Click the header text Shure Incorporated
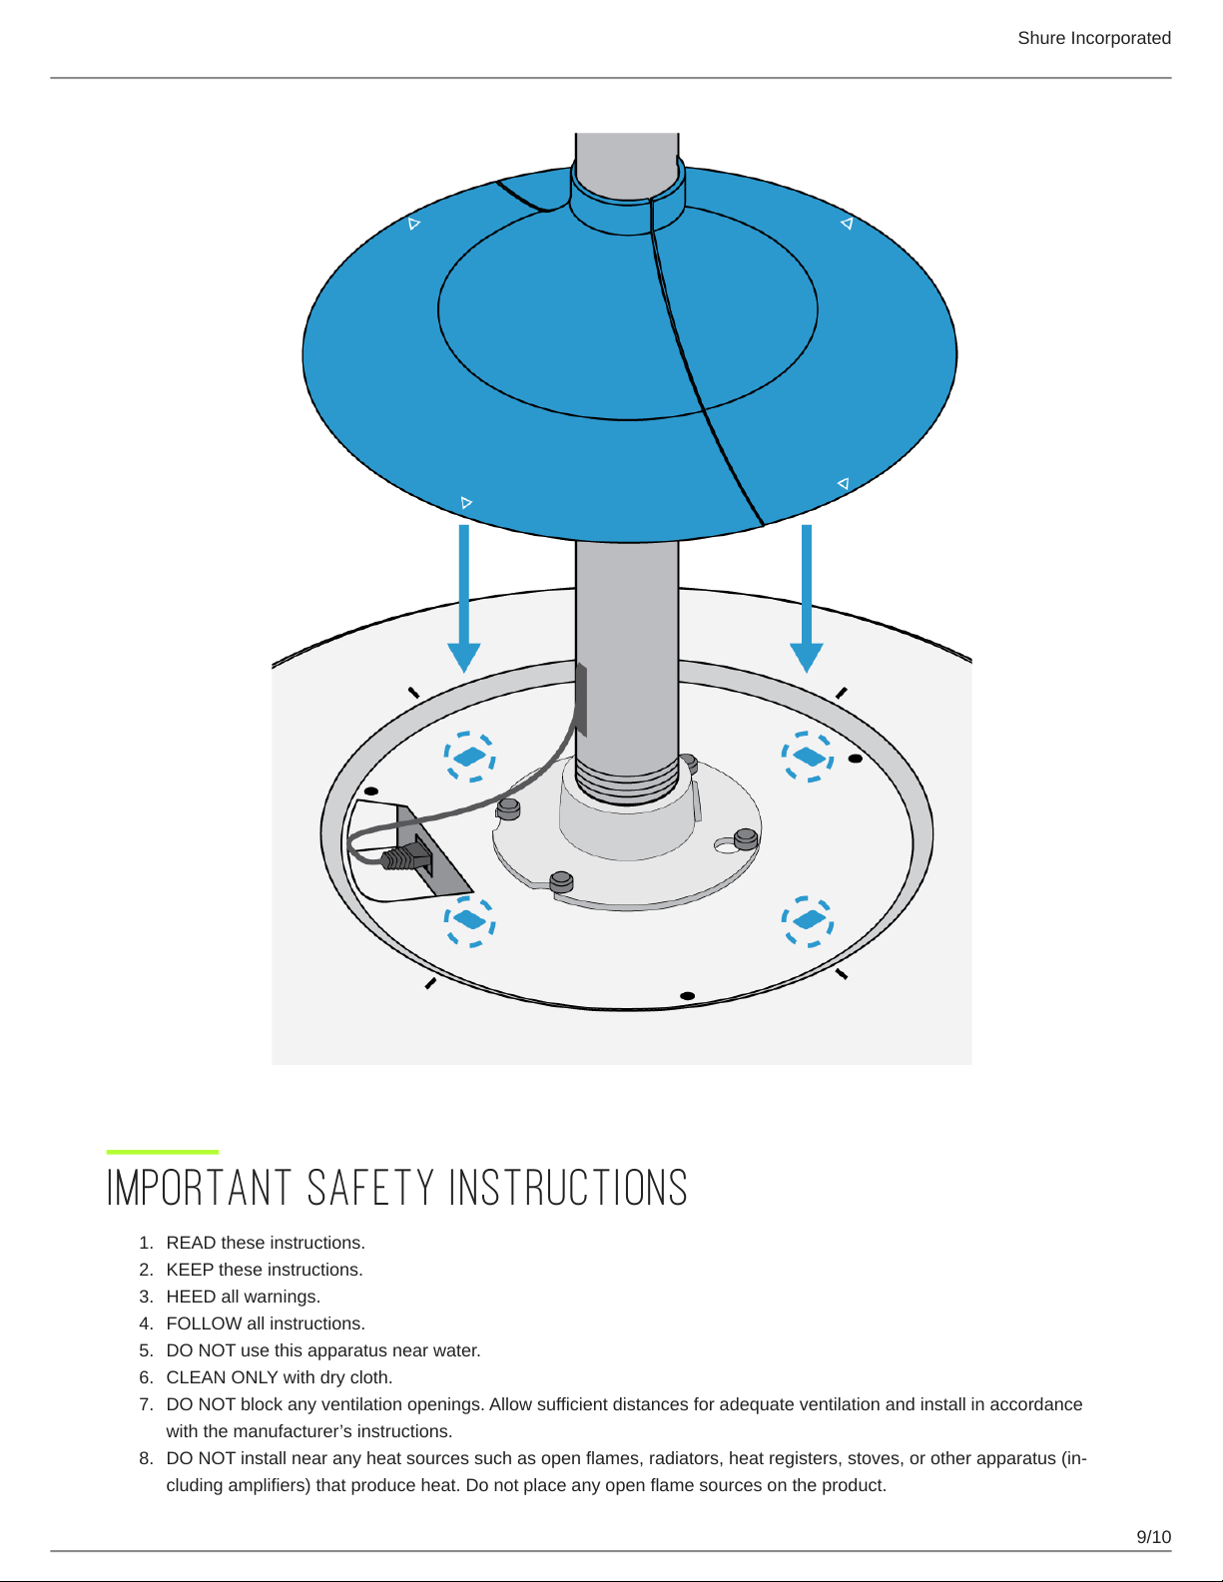[1093, 38]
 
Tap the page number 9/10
[1154, 1537]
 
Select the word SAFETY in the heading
[370, 1188]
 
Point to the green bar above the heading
[163, 1152]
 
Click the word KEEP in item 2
[190, 1270]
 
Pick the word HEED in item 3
[191, 1297]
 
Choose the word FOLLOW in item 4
[204, 1323]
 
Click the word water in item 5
[456, 1350]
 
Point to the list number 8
[146, 1458]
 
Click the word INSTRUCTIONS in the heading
[568, 1188]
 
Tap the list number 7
[146, 1404]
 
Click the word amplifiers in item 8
[271, 1485]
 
